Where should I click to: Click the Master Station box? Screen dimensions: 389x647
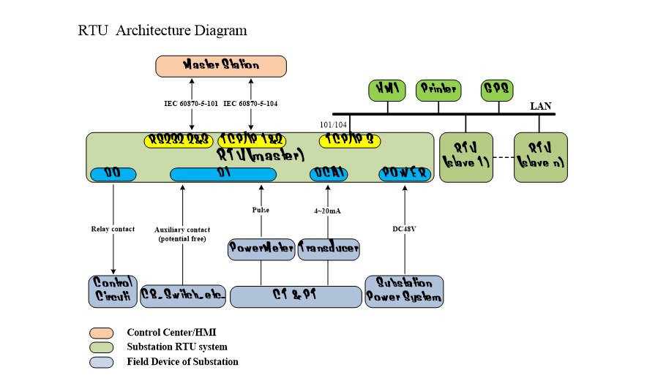(221, 65)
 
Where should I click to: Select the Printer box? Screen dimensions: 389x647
(438, 89)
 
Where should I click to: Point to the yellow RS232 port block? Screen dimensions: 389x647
(179, 140)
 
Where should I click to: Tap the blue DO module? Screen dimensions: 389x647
(113, 174)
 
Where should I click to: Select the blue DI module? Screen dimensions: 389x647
(222, 174)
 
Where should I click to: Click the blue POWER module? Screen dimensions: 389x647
(403, 174)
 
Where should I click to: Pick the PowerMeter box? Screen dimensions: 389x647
(261, 249)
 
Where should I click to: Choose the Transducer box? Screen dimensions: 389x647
(329, 249)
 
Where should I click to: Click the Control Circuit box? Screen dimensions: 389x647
(112, 290)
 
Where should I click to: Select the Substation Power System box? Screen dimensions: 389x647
(403, 290)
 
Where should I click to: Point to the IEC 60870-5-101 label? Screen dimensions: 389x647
(192, 104)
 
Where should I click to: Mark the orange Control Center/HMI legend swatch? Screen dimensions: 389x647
(103, 333)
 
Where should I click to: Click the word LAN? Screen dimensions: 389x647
(541, 107)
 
